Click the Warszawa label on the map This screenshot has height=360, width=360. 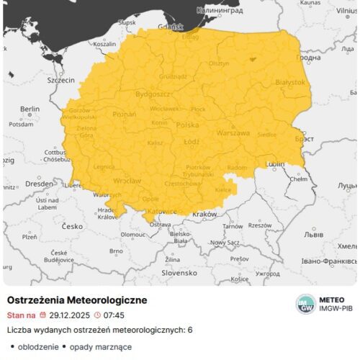[x=233, y=133]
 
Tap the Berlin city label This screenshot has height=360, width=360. [x=30, y=109]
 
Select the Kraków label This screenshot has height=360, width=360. [x=205, y=214]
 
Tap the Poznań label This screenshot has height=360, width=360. [x=125, y=114]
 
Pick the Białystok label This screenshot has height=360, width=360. [x=290, y=82]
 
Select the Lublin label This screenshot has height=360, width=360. [x=275, y=164]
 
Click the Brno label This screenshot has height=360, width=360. [x=116, y=251]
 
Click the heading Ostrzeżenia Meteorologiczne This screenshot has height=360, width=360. [x=77, y=300]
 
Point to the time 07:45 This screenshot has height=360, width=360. [x=114, y=315]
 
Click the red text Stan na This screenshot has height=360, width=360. [x=21, y=315]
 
